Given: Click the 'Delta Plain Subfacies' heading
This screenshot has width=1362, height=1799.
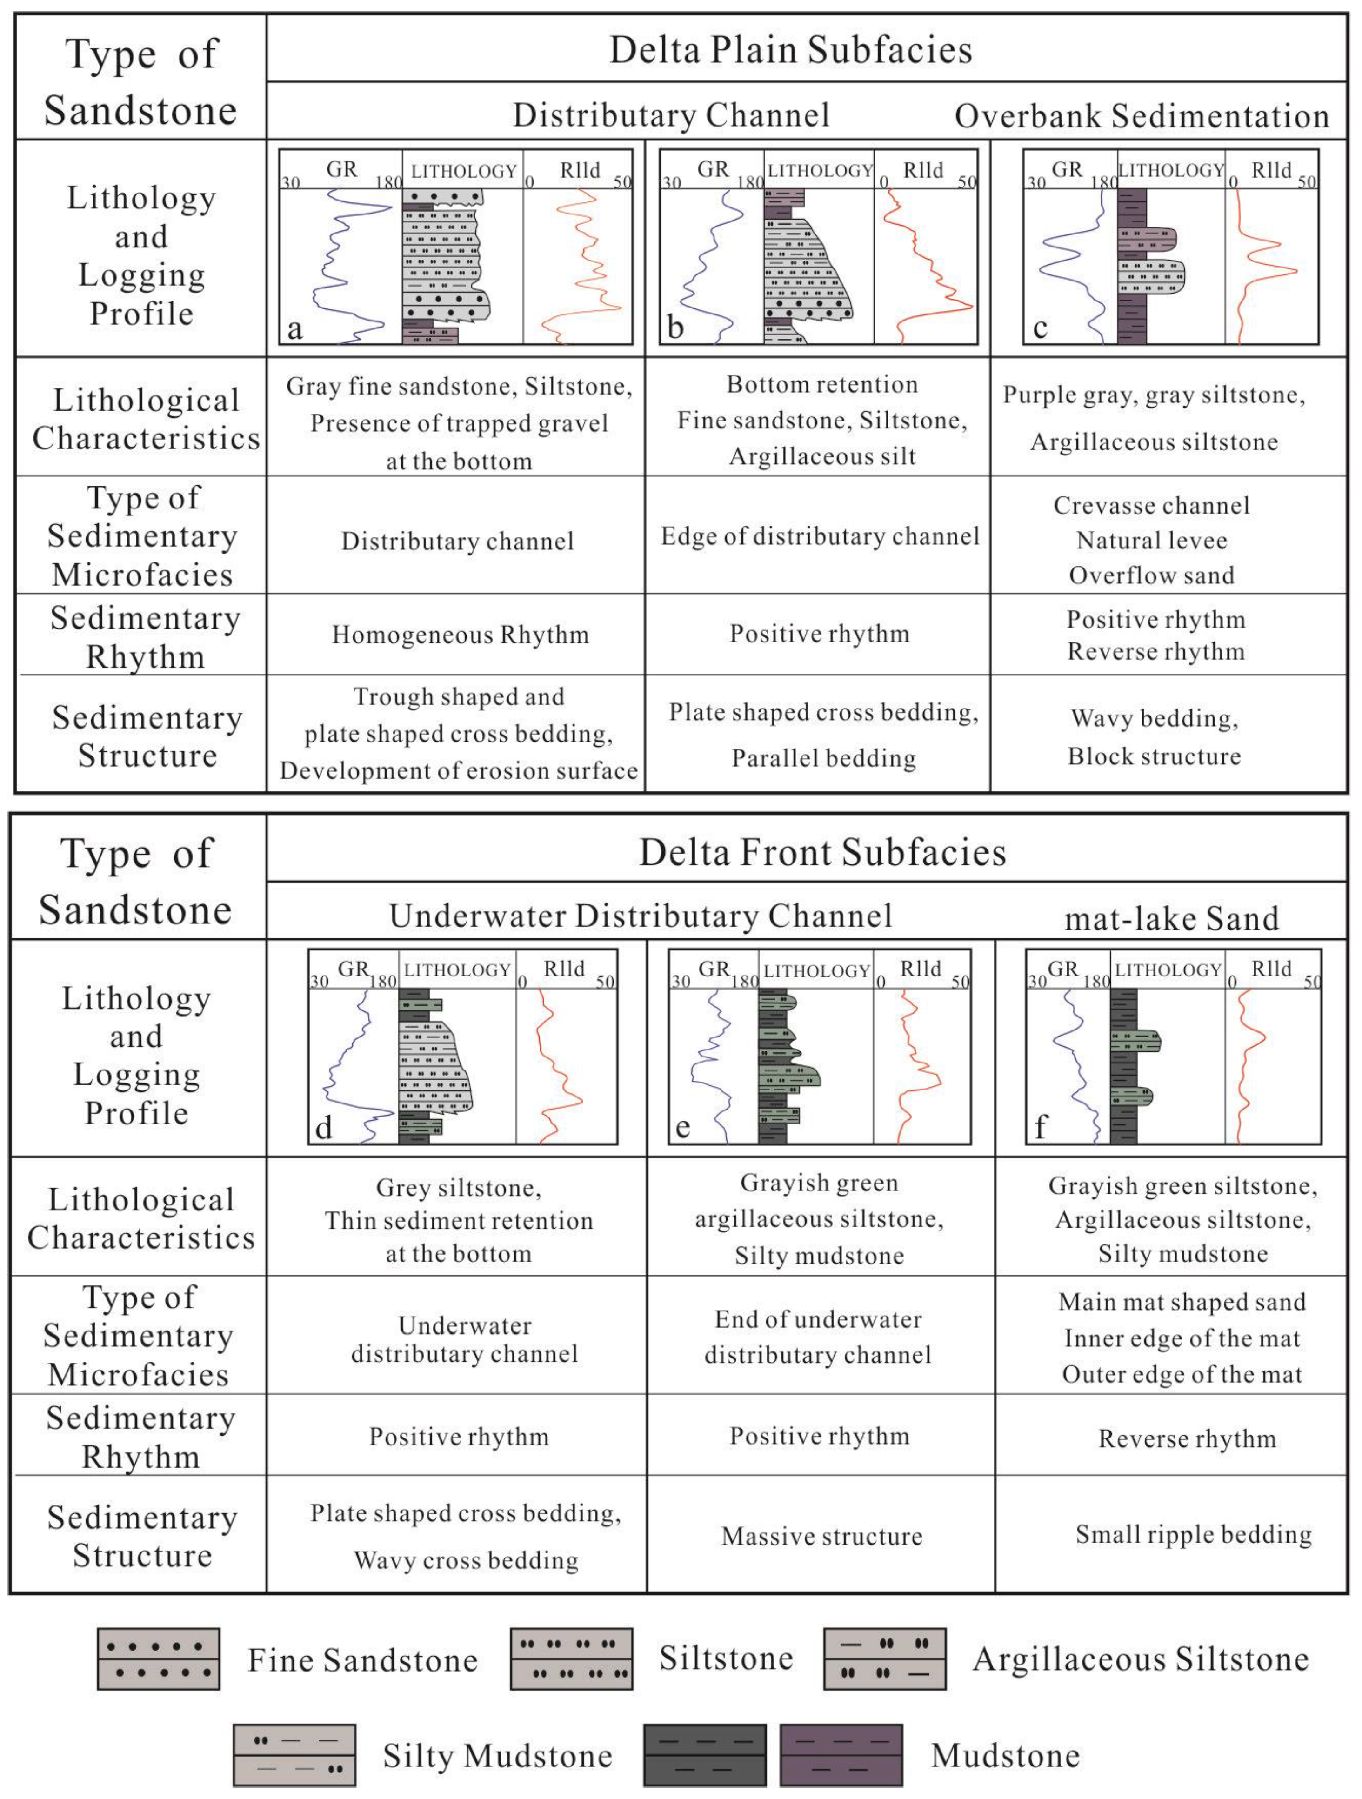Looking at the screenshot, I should (790, 50).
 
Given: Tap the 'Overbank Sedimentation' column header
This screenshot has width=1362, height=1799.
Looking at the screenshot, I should (1142, 115).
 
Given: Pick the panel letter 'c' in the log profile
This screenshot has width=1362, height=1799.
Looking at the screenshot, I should (1039, 328).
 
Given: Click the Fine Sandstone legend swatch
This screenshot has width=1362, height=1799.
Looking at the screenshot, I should (159, 1659).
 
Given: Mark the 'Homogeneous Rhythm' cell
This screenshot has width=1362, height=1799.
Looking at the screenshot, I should (460, 635).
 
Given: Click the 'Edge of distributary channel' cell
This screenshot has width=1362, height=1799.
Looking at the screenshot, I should (820, 536).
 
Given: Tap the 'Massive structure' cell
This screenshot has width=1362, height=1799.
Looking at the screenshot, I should (821, 1536).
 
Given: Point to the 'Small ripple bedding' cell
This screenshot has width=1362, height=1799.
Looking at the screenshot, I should (1193, 1534).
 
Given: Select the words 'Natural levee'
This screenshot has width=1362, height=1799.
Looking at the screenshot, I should (1151, 540).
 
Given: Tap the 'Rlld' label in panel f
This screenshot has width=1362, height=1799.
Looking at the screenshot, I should (1271, 969).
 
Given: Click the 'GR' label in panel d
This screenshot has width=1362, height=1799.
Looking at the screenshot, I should (354, 969).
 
